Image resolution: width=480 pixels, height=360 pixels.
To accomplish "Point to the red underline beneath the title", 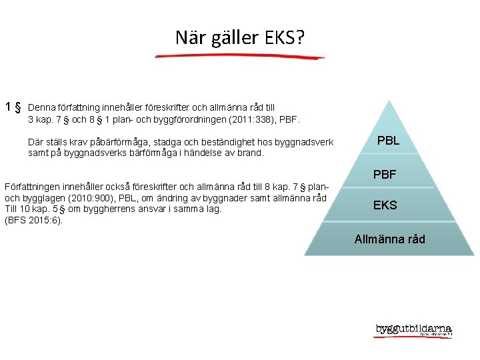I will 240,57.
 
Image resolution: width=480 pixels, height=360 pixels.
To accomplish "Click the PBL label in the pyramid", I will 388,141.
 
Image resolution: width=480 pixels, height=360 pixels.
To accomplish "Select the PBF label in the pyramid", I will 385,175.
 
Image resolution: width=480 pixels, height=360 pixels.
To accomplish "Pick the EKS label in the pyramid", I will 385,205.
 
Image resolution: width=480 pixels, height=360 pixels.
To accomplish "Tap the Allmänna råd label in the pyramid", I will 389,239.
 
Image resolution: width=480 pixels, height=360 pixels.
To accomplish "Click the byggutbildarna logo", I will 413,330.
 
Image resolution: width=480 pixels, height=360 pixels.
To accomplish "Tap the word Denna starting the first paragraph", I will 42,107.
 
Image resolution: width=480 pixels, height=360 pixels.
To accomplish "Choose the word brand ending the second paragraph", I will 250,153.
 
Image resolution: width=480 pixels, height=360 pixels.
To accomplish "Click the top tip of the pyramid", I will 389,101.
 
